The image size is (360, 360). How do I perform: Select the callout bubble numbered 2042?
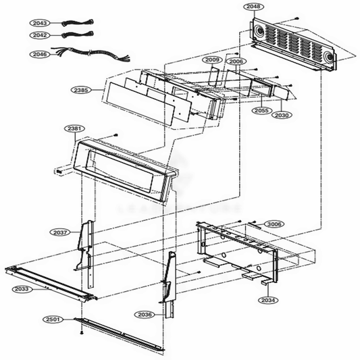tap(39, 34)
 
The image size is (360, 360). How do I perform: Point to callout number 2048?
tap(253, 6)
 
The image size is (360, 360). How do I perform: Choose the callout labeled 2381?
tap(74, 128)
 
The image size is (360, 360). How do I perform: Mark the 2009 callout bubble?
tap(212, 61)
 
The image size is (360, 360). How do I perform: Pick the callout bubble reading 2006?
tap(236, 61)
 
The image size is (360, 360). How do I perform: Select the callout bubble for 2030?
tap(282, 115)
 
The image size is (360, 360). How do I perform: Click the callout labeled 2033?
tap(22, 288)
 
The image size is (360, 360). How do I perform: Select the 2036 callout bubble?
tap(145, 315)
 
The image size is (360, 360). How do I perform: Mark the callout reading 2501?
tap(53, 319)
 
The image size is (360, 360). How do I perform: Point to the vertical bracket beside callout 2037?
tap(84, 247)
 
